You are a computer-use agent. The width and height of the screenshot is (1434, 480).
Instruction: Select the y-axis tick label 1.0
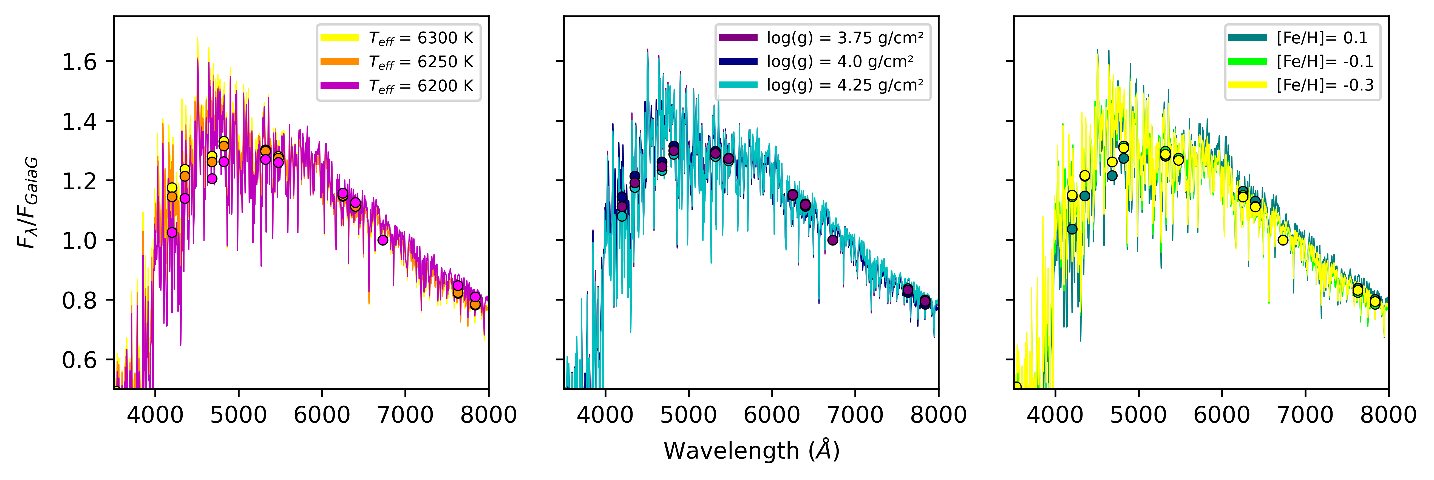79,241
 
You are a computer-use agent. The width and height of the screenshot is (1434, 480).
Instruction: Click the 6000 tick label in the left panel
322,415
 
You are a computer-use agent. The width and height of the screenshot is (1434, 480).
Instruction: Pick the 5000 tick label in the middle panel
688,415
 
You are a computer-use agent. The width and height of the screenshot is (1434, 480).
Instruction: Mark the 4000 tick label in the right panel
1055,415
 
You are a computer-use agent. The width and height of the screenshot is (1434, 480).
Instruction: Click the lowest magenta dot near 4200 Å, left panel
172,232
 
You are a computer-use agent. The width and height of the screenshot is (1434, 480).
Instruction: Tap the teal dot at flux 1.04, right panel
1072,229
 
